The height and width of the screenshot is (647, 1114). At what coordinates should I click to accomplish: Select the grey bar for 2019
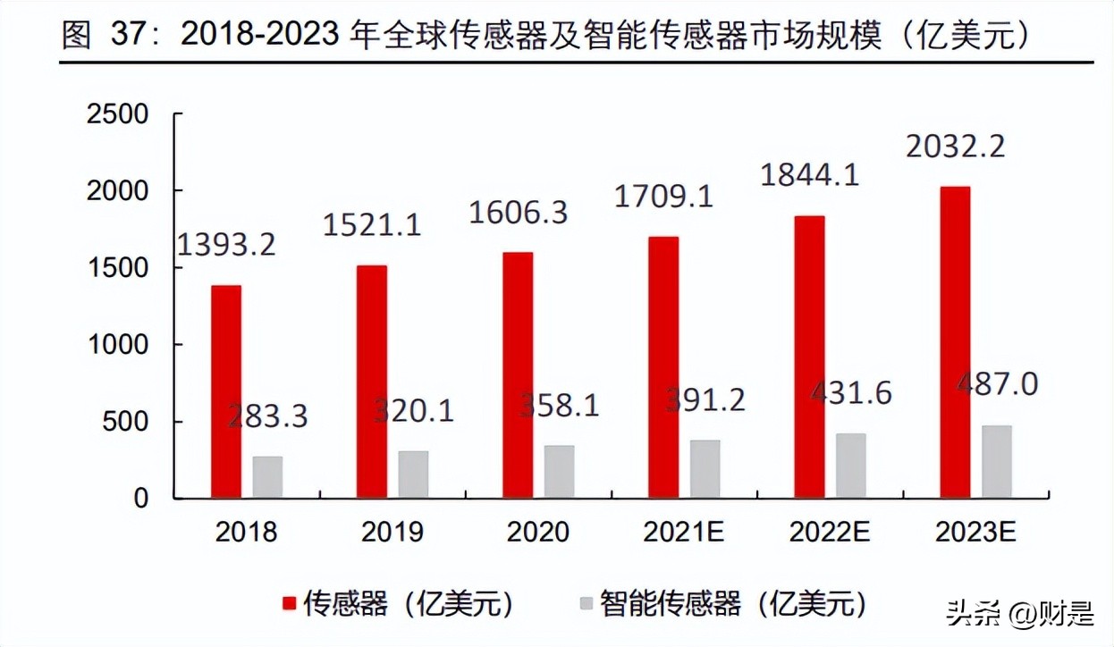[413, 475]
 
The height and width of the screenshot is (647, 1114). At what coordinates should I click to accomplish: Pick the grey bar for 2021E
[705, 468]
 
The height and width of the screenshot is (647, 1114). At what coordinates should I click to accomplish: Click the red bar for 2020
[518, 375]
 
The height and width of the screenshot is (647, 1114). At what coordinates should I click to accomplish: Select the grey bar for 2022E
[850, 466]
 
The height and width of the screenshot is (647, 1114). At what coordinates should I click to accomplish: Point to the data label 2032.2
[955, 146]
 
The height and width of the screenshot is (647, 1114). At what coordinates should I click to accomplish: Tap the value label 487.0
[998, 384]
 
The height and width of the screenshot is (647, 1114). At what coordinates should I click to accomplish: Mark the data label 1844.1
[809, 174]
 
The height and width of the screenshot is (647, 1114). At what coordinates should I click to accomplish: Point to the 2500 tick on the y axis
[117, 115]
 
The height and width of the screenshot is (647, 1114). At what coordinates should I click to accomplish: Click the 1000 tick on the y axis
[117, 345]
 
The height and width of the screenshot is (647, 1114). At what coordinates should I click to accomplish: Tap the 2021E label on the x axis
[684, 533]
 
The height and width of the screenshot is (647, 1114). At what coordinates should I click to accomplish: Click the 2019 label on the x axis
[392, 533]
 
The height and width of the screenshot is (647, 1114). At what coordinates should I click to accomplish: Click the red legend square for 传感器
[289, 604]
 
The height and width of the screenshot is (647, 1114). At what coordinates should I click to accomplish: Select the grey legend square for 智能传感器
[586, 604]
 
